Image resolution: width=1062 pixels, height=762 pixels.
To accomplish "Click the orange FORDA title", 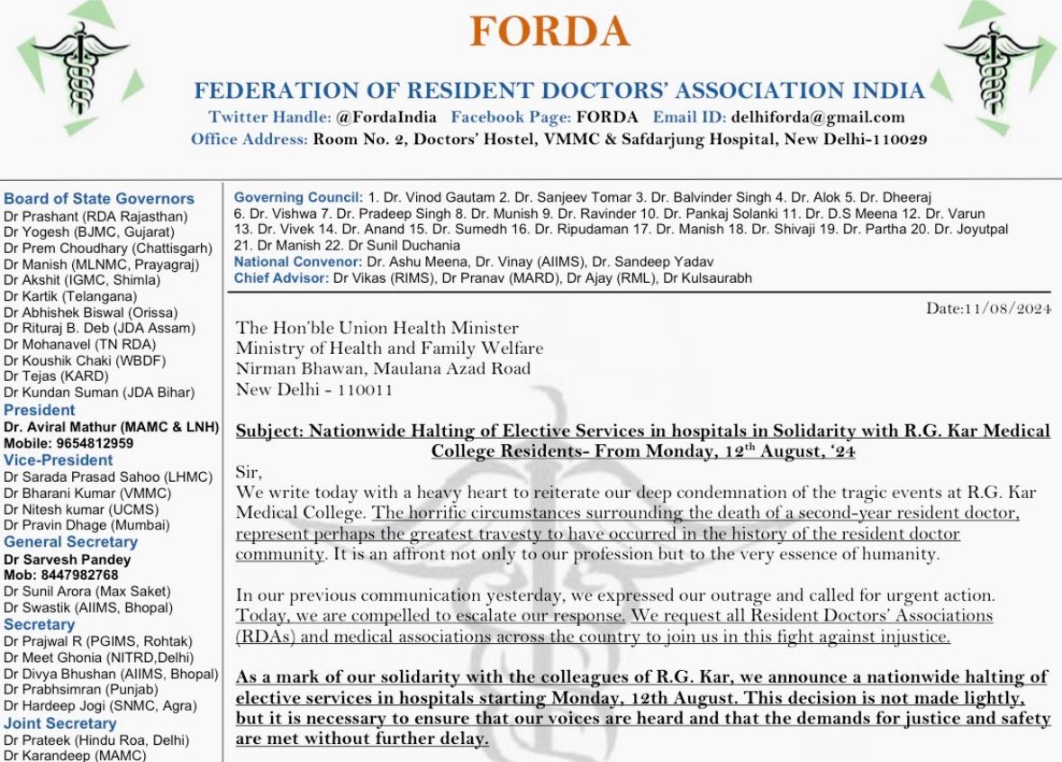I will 549,33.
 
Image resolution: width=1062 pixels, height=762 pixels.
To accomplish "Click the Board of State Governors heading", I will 99,199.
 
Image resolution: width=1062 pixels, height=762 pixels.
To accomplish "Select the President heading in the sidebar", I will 40,410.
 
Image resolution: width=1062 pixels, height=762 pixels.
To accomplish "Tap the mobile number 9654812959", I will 92,443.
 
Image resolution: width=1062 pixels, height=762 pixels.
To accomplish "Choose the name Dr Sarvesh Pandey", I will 68,559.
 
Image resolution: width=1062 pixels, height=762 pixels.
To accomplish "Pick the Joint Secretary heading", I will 60,723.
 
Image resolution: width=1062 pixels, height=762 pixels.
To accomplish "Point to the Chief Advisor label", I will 281,278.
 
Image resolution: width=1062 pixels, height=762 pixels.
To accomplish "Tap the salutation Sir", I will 247,472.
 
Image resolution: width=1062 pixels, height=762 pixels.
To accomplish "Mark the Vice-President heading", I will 59,460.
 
